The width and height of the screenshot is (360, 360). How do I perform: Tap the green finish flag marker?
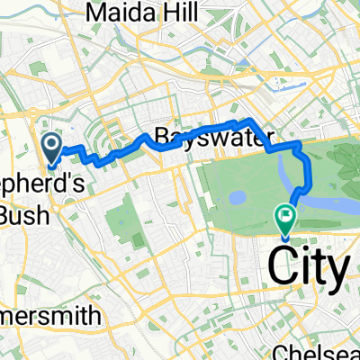286,216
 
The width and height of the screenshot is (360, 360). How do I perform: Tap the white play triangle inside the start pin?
52,143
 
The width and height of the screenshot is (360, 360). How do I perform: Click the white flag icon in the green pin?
286,214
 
